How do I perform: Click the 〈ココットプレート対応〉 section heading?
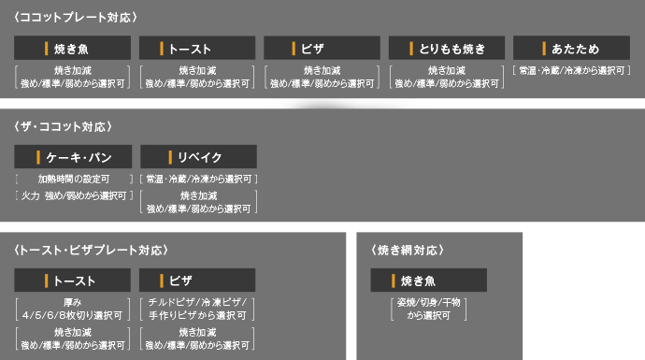coord(76,17)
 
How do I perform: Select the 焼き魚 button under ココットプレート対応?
coord(73,49)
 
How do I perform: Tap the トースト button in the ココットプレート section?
coord(197,49)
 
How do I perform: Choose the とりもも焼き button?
coord(447,49)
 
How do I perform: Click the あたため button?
coord(571,49)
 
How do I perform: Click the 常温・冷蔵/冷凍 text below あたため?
coord(571,70)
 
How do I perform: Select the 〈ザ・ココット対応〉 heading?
coord(64,126)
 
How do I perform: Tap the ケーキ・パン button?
coord(73,157)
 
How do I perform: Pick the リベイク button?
coord(197,157)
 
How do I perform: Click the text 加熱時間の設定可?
coord(73,179)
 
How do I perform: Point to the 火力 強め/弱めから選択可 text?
coord(73,195)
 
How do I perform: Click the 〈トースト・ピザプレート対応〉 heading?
coord(91,250)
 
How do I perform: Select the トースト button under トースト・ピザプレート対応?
coord(73,281)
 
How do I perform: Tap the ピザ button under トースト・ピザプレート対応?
coord(197,281)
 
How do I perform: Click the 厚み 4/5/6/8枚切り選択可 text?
coord(73,310)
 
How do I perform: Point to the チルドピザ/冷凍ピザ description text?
coord(197,310)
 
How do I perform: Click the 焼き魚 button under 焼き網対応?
coord(428,281)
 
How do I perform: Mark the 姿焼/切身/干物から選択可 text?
coord(428,310)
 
